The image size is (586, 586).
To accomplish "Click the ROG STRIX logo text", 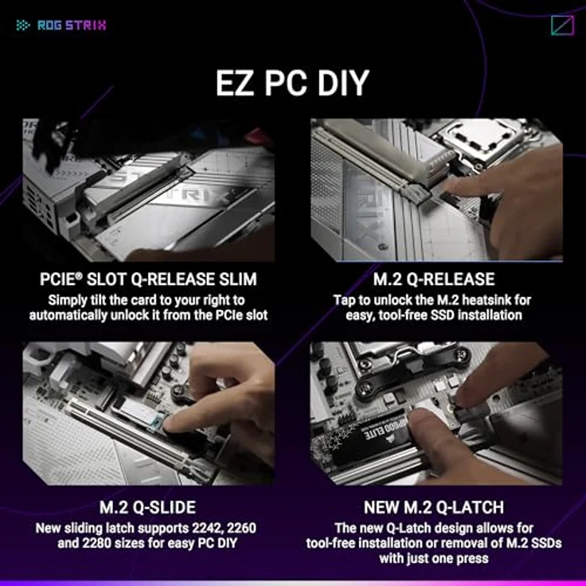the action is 72,25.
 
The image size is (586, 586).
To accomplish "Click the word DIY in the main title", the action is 343,83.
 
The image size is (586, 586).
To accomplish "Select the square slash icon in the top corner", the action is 562,25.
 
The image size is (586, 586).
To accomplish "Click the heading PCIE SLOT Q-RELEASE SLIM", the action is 148,279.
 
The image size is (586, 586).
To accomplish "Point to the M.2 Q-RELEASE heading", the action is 434,279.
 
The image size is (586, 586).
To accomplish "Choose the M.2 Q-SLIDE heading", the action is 147,507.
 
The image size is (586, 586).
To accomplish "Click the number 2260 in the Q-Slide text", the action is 242,528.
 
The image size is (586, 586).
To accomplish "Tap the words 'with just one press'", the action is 434,558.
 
